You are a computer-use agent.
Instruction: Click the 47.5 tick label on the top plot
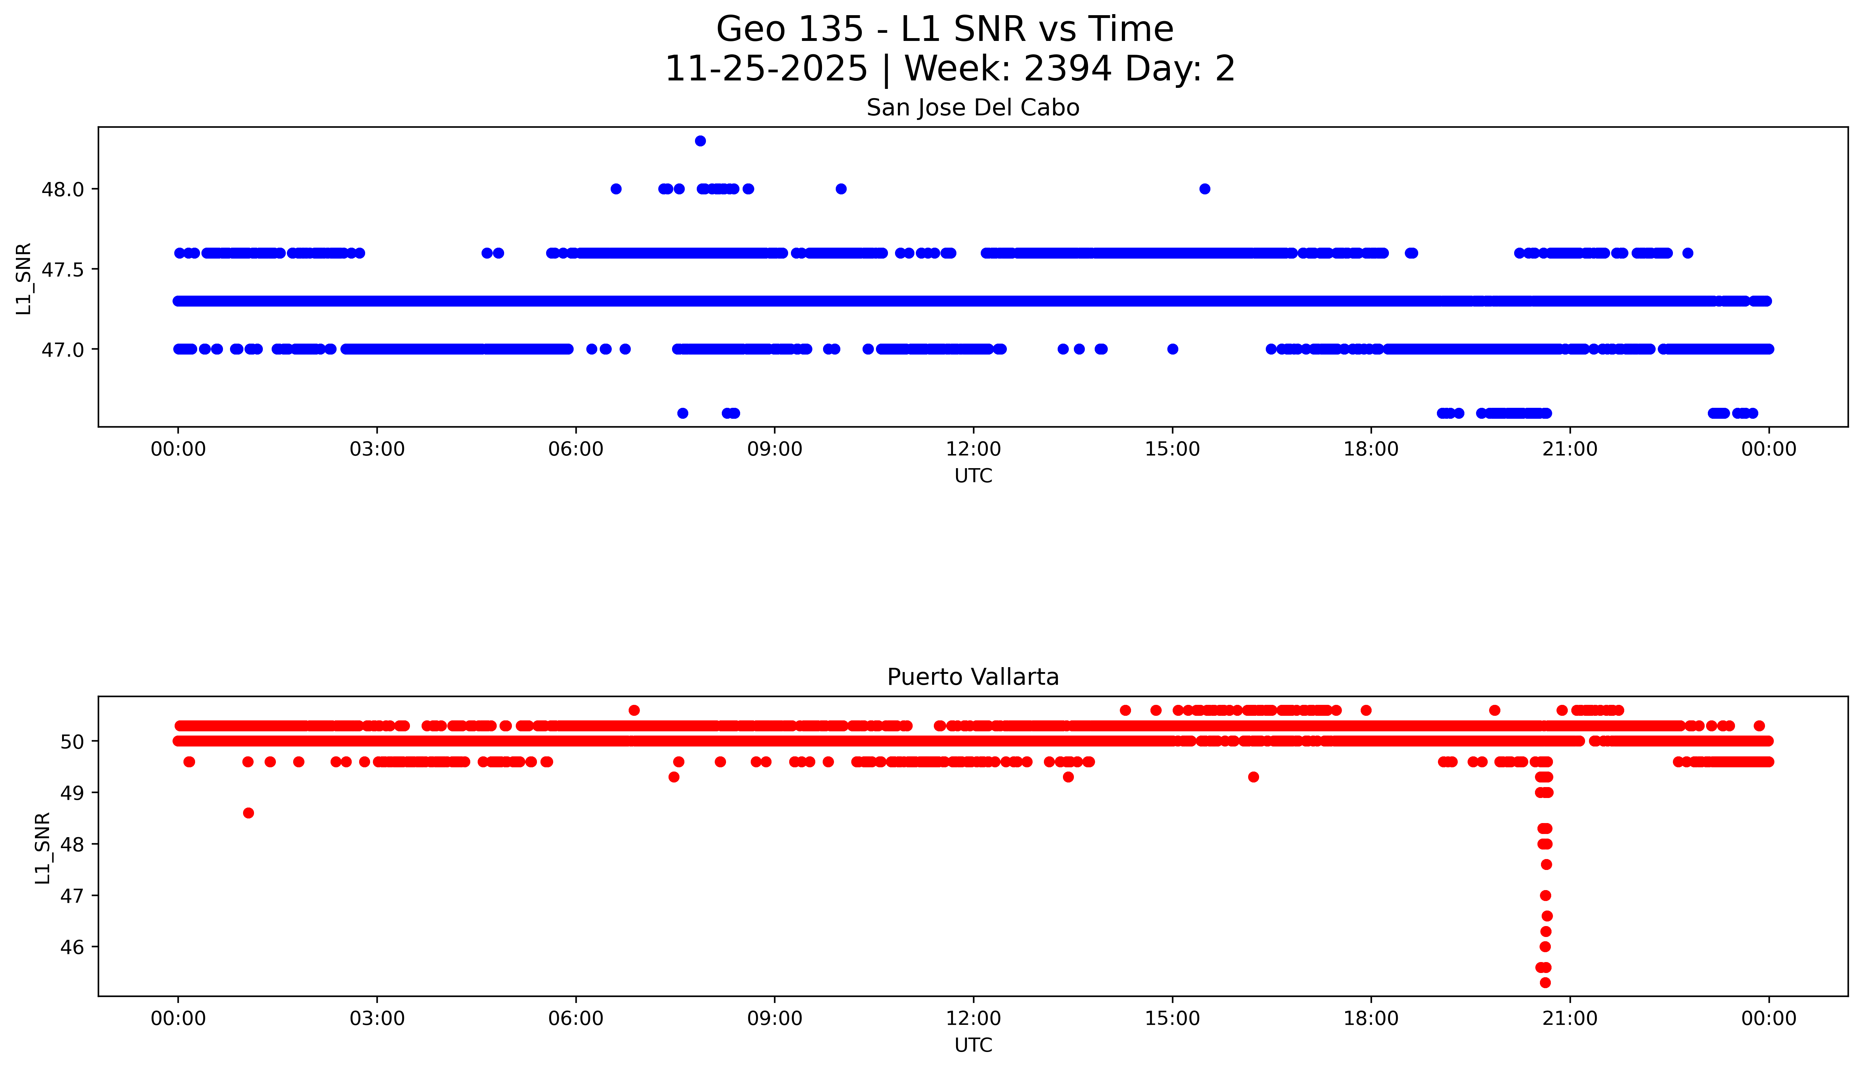[x=62, y=270]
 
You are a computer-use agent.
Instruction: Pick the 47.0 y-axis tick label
[x=62, y=350]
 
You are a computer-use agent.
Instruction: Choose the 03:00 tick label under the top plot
[x=377, y=449]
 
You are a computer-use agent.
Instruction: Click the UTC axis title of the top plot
[x=973, y=476]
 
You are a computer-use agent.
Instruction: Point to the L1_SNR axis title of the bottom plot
[x=43, y=847]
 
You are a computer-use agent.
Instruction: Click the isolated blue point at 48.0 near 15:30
[x=1204, y=189]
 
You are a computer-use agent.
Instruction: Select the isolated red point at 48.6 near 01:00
[x=248, y=813]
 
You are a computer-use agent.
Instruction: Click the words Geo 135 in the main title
[x=789, y=29]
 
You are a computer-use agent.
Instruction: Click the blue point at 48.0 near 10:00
[x=841, y=189]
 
